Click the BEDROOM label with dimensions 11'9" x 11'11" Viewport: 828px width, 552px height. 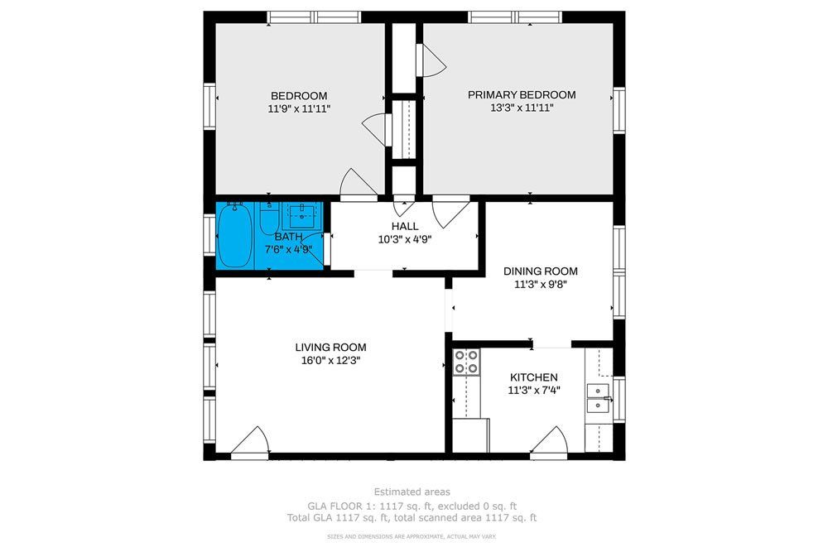[x=299, y=95]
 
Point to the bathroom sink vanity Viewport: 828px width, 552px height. [x=300, y=216]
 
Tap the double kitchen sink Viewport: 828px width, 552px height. [x=597, y=396]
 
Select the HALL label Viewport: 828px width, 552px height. [x=405, y=226]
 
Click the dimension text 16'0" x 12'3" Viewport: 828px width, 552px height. [x=330, y=360]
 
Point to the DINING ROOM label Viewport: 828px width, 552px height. [x=540, y=271]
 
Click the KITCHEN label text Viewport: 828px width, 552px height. [x=533, y=377]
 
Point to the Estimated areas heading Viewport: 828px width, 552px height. [x=412, y=492]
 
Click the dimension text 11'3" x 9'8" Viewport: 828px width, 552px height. [x=540, y=283]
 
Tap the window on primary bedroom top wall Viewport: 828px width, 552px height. [x=515, y=17]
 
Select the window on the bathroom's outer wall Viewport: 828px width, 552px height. [x=209, y=234]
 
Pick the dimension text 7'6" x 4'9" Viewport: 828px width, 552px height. [x=287, y=248]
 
